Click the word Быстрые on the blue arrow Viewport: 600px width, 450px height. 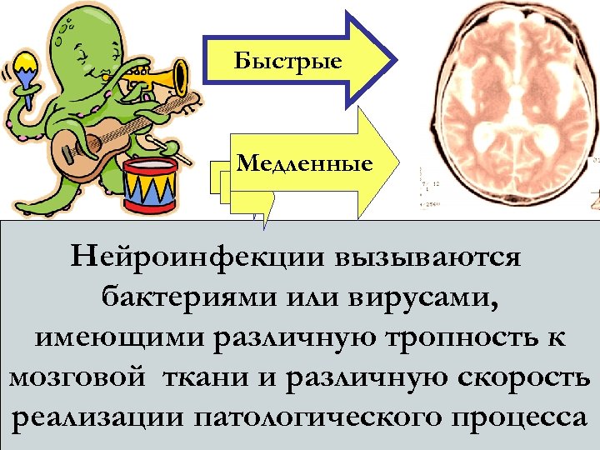287,60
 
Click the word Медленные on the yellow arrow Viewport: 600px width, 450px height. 303,163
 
